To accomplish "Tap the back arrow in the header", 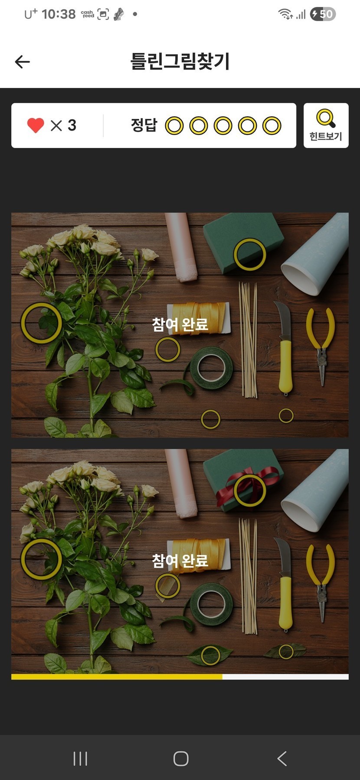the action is click(22, 62).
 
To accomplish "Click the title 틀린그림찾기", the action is click(180, 61).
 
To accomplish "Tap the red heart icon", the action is click(36, 125).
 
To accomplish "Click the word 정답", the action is click(144, 125).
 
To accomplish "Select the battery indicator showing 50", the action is click(323, 14).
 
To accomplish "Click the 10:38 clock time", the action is click(59, 14).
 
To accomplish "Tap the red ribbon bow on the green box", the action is click(247, 485).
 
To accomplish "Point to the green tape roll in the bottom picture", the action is click(211, 604).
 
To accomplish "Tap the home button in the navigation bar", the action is click(181, 758).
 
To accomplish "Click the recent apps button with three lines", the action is click(80, 758).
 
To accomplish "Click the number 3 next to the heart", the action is click(72, 125).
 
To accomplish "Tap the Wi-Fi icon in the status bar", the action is click(285, 14).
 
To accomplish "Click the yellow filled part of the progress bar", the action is click(117, 677).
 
